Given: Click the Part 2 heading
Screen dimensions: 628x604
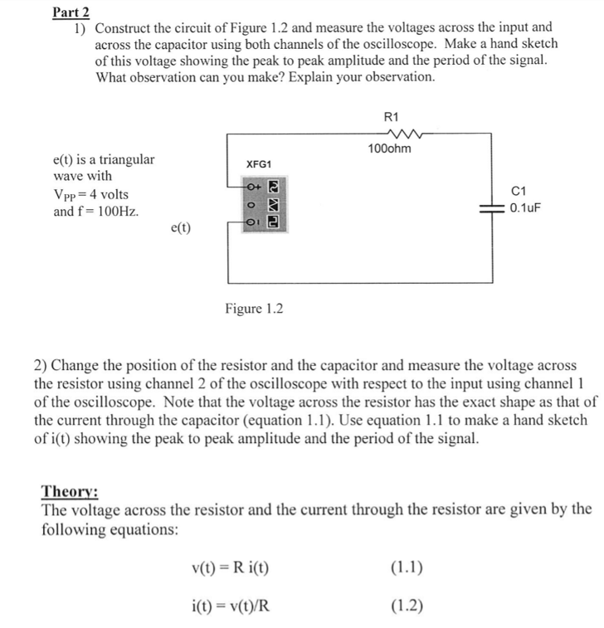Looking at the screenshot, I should point(71,12).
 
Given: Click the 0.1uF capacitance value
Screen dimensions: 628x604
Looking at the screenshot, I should point(527,207).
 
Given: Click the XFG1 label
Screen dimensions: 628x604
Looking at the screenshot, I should point(257,164).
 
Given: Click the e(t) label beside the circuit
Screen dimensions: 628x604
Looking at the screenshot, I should point(180,226).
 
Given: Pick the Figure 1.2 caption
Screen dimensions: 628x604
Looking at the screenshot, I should point(254,309).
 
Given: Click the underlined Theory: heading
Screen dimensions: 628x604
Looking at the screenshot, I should point(70,491).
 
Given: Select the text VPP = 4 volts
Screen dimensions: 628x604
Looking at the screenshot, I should point(90,194).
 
